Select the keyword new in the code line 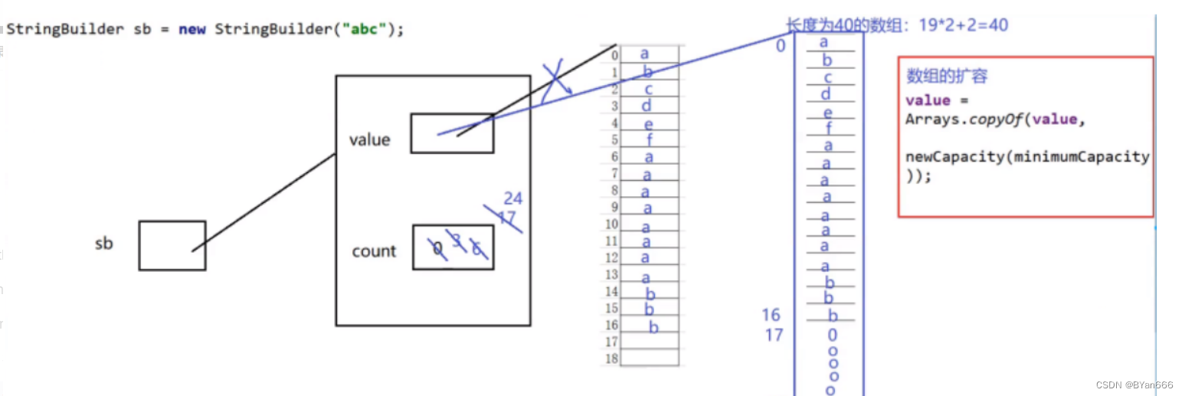click(191, 30)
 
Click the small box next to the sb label click(172, 245)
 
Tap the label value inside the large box click(369, 139)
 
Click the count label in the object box click(374, 251)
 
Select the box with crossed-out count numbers click(453, 247)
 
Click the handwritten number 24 click(512, 199)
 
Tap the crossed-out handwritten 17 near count click(506, 218)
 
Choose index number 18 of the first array click(611, 358)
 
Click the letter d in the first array click(647, 106)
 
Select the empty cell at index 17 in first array click(649, 342)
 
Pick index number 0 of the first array click(614, 55)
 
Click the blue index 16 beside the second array click(771, 315)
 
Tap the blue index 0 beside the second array click(781, 46)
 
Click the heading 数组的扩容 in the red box click(947, 77)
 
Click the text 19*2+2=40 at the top click(963, 25)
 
